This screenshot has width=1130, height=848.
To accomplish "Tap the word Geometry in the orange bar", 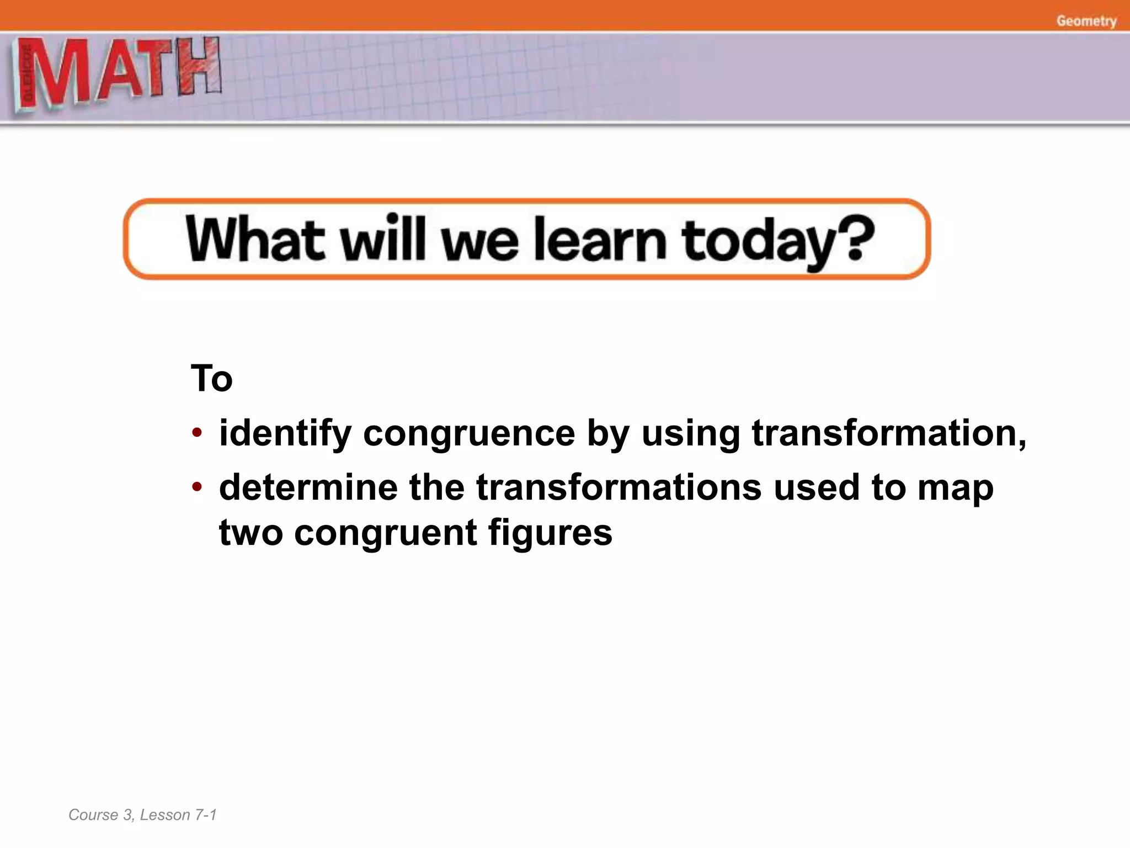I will point(1086,21).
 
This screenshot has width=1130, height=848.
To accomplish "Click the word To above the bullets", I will point(211,379).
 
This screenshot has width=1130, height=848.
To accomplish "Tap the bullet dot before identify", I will point(197,433).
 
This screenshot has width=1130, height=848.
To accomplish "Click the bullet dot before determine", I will point(197,487).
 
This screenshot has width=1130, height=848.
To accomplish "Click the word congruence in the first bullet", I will point(468,433).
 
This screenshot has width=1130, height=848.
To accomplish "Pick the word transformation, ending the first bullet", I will point(888,433).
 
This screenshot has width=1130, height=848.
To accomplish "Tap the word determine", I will point(308,487).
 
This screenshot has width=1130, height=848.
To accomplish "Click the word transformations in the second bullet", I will point(618,487).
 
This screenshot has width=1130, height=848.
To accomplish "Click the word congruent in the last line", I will point(385,534).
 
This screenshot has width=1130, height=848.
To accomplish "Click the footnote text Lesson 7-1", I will point(178,815).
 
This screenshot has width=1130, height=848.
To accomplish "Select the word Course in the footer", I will point(93,815).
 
